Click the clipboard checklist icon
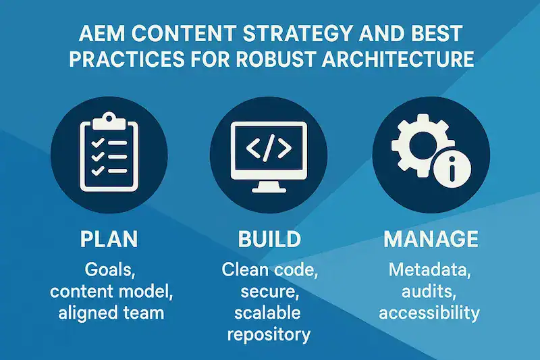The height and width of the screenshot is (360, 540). pyautogui.click(x=108, y=150)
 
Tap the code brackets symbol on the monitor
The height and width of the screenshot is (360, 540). pyautogui.click(x=269, y=149)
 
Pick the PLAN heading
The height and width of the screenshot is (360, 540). pyautogui.click(x=109, y=240)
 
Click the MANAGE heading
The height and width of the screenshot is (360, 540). pyautogui.click(x=430, y=240)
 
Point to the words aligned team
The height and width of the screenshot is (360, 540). pyautogui.click(x=109, y=313)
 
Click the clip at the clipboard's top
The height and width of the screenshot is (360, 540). pyautogui.click(x=108, y=121)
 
